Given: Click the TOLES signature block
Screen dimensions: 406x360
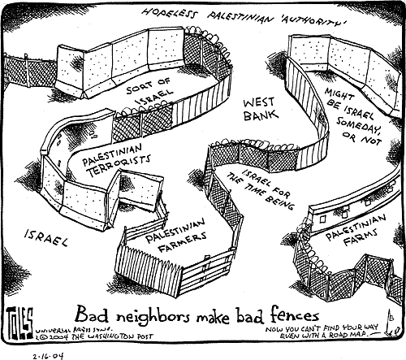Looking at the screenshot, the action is tap(19, 323).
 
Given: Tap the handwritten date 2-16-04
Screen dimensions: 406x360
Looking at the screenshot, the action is tap(49, 355).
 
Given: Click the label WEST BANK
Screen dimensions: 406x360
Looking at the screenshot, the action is tap(261, 109).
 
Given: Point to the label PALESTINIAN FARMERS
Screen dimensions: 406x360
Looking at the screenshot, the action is tap(176, 235).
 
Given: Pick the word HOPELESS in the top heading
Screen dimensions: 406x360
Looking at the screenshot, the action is tap(168, 14).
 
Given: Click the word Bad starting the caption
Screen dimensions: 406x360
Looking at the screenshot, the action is tap(88, 314).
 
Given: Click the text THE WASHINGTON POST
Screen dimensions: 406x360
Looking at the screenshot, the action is tap(112, 336).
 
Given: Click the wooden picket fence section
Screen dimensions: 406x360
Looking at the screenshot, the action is tap(149, 268).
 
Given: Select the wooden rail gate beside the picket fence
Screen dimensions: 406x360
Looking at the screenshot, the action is tap(207, 271).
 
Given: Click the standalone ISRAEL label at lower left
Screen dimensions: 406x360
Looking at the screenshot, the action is tap(46, 237).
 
